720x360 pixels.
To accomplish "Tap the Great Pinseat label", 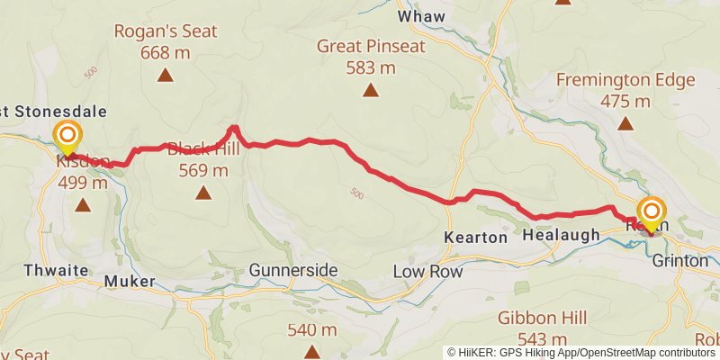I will click(369, 46).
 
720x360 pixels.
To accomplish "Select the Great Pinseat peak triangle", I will click(370, 90).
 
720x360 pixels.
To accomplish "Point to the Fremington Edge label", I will click(625, 79).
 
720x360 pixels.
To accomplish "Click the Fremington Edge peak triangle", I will click(625, 123).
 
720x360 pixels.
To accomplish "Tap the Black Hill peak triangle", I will click(203, 192).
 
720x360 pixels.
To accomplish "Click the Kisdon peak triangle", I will click(83, 205).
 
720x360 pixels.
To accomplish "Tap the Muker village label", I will click(130, 282).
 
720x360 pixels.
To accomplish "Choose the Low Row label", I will click(427, 271).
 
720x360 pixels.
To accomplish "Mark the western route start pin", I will click(67, 139).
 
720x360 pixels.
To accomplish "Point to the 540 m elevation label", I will click(310, 329).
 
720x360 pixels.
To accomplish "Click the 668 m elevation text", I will click(165, 53).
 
